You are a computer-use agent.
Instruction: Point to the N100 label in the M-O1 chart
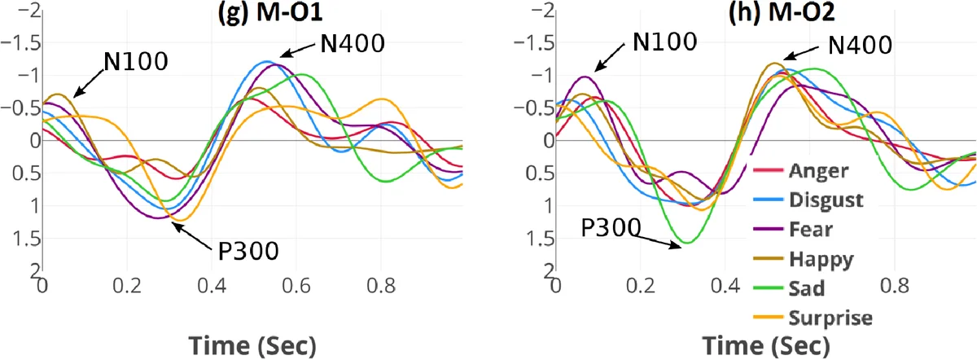point(135,61)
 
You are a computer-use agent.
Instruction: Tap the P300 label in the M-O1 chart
point(249,250)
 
